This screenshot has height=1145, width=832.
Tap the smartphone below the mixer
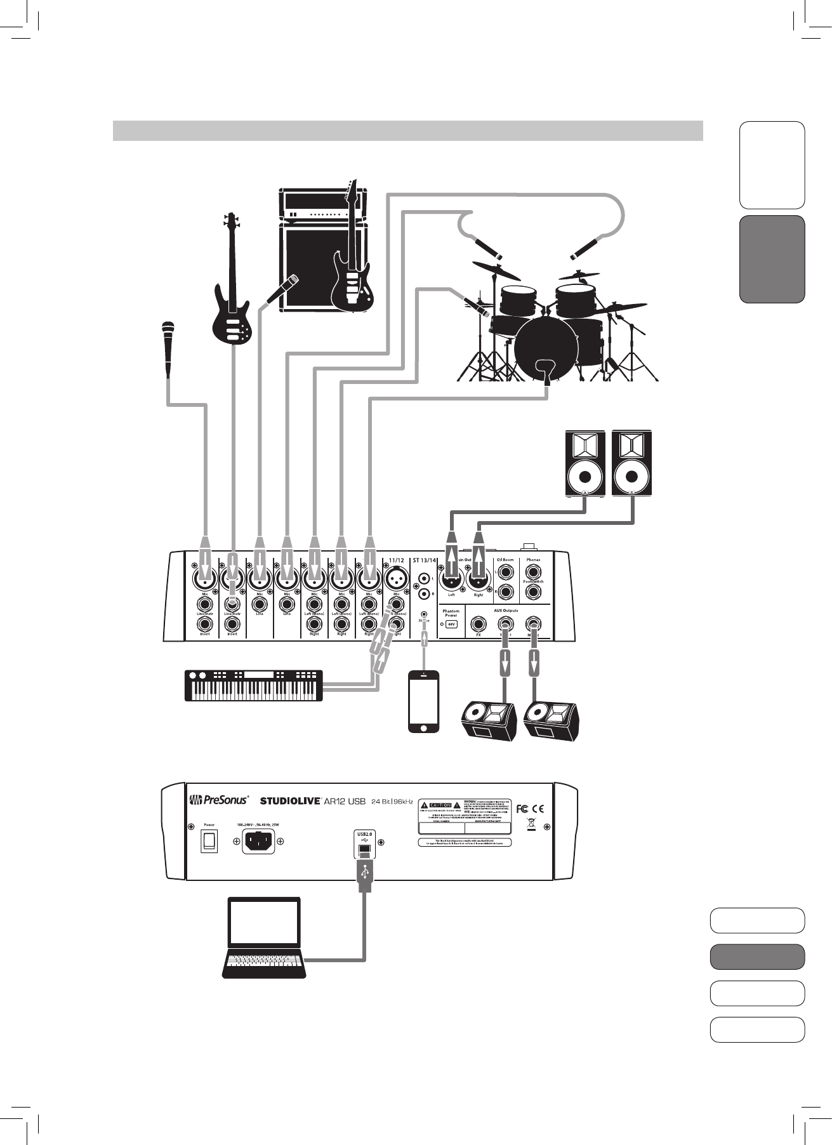(424, 701)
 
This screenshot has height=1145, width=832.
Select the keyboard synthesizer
(253, 685)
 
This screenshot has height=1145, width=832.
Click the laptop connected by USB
(264, 937)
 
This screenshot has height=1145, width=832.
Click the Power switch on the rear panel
(209, 842)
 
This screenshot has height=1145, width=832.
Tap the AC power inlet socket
(258, 842)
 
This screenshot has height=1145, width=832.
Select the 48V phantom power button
(451, 625)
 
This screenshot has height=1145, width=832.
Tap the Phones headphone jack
(533, 572)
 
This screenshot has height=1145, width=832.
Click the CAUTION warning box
(440, 805)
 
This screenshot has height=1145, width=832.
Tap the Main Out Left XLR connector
(451, 579)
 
